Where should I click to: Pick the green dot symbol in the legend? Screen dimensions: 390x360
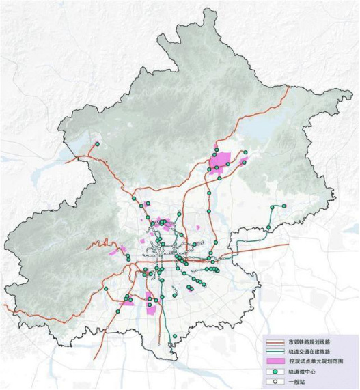pyautogui.click(x=276, y=370)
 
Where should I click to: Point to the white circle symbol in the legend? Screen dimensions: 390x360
pyautogui.click(x=276, y=380)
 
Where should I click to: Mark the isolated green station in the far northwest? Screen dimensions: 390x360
pyautogui.click(x=97, y=144)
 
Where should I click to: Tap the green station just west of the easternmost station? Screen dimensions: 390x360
pyautogui.click(x=273, y=207)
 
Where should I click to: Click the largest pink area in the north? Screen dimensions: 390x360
pyautogui.click(x=221, y=162)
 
